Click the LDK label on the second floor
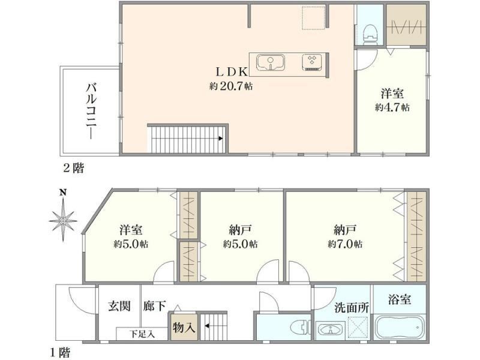(x=232, y=72)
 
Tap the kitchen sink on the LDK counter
(x=271, y=62)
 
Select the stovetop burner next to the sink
(x=312, y=62)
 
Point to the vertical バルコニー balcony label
(x=91, y=111)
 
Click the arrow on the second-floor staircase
(x=221, y=139)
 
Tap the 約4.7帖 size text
(x=392, y=108)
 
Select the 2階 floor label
(x=73, y=168)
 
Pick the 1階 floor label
(x=60, y=353)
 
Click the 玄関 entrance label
(x=119, y=306)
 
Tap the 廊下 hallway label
(x=155, y=306)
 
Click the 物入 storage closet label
(x=184, y=328)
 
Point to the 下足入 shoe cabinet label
(x=142, y=334)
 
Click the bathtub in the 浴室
(x=400, y=327)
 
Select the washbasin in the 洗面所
(x=331, y=331)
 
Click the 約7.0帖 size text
(x=345, y=244)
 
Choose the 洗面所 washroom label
(x=352, y=308)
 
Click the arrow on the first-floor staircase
(x=207, y=326)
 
